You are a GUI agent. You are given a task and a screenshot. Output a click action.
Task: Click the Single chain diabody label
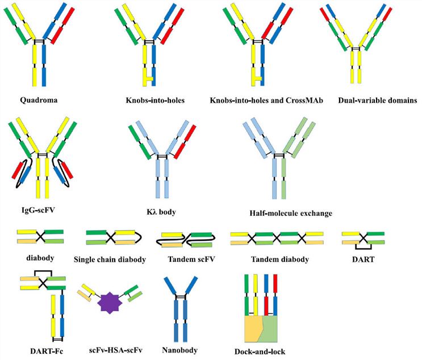(110, 259)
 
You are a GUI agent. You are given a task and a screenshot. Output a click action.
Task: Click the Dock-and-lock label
(265, 350)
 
